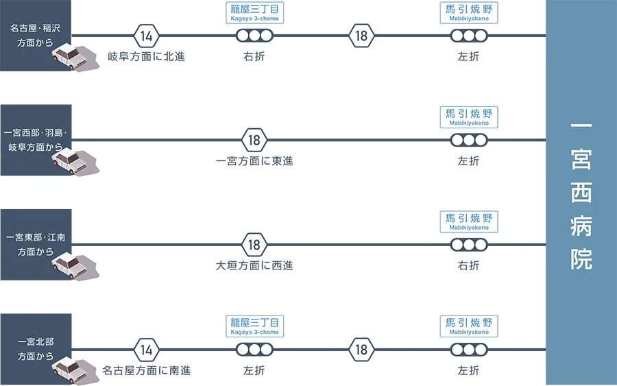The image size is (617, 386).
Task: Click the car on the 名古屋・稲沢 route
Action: click(x=69, y=56)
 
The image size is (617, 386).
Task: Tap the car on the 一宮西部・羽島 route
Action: click(x=69, y=160)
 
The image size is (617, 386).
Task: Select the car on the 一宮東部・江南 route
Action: click(x=69, y=265)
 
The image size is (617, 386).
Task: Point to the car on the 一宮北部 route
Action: click(x=69, y=369)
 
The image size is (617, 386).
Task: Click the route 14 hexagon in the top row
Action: click(x=146, y=36)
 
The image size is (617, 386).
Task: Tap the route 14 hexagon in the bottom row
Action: click(x=146, y=350)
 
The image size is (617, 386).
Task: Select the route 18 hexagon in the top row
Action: click(x=361, y=36)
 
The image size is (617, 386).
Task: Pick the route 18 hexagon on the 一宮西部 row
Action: click(x=254, y=141)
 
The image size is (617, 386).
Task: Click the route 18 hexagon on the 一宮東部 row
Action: click(x=254, y=245)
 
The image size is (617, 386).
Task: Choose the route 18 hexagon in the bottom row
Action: click(x=361, y=350)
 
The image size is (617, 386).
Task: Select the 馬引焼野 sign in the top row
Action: click(x=469, y=13)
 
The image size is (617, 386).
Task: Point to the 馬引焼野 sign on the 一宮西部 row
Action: click(x=469, y=117)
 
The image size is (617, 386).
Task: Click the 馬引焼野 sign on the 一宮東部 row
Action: click(x=469, y=221)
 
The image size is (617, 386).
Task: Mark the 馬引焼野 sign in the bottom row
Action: click(x=469, y=326)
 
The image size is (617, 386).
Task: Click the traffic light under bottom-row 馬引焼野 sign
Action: click(x=469, y=350)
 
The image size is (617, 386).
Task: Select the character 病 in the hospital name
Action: click(x=581, y=226)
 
